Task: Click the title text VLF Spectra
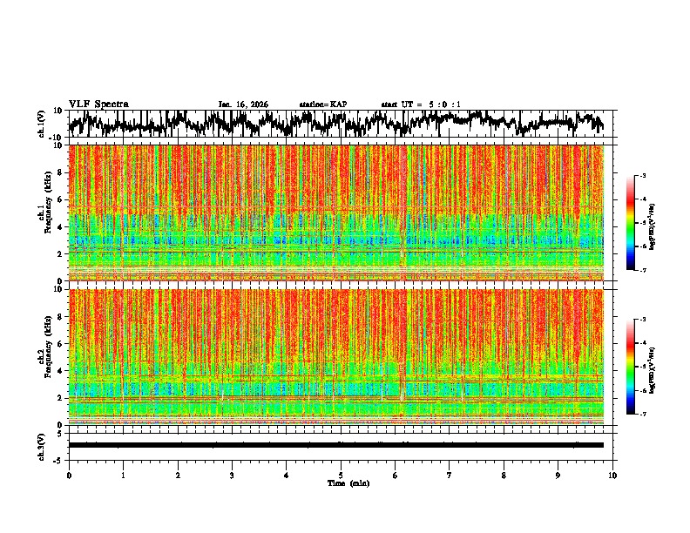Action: (99, 105)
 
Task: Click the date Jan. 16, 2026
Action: (243, 105)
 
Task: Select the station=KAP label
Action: (323, 105)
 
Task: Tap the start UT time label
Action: (421, 105)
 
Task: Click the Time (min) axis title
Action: (341, 482)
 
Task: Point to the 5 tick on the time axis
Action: (341, 475)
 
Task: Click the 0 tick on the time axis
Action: (69, 475)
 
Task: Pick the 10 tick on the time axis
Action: (612, 475)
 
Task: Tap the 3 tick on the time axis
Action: (232, 475)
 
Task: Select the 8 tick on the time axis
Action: (504, 475)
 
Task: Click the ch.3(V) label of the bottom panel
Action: (42, 444)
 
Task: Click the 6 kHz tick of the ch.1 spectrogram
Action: (60, 199)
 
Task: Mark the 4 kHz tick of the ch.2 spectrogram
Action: (60, 370)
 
